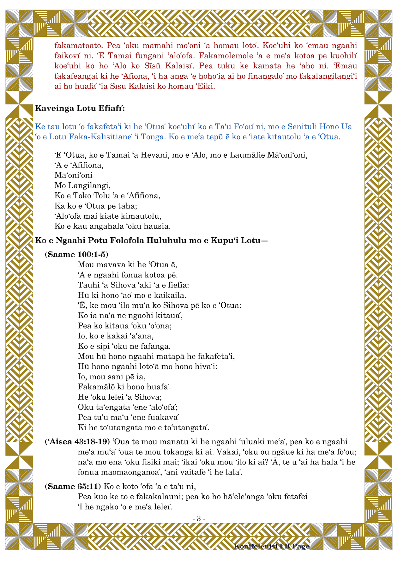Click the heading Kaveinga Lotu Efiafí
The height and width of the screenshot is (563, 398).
click(x=80, y=109)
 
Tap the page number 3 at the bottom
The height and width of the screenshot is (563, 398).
click(x=199, y=518)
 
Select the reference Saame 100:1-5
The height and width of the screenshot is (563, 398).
click(x=76, y=255)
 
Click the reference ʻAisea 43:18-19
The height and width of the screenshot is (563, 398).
click(x=77, y=442)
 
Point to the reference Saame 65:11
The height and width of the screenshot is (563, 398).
click(x=73, y=486)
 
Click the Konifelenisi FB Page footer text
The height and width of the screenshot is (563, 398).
click(x=272, y=546)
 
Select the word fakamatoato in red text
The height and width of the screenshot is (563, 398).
click(x=79, y=45)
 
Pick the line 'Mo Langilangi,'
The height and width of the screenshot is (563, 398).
click(x=82, y=185)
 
